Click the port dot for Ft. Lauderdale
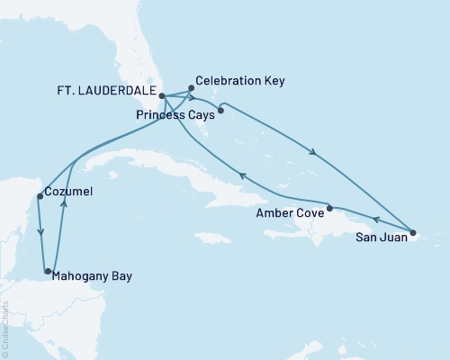(x=161, y=95)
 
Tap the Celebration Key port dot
(x=191, y=88)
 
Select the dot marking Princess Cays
(x=221, y=112)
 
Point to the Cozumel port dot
(x=39, y=196)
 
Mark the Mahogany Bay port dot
(x=48, y=270)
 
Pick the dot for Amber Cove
(x=329, y=208)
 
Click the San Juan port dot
(x=412, y=234)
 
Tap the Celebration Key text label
(x=240, y=81)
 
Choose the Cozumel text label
(x=69, y=192)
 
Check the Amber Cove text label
(x=289, y=212)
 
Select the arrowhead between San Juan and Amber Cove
(x=375, y=220)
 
